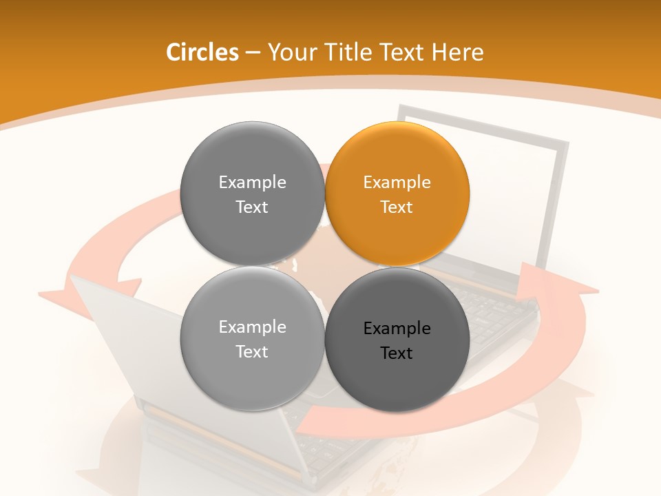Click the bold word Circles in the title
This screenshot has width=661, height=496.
(202, 52)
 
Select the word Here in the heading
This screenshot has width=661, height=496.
(458, 52)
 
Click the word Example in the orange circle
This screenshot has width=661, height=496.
(397, 183)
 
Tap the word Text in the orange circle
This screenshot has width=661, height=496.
(397, 207)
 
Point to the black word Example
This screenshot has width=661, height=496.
(397, 329)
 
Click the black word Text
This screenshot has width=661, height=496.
(397, 353)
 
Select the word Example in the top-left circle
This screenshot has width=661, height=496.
(252, 183)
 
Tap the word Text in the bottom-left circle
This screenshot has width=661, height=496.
(252, 352)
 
